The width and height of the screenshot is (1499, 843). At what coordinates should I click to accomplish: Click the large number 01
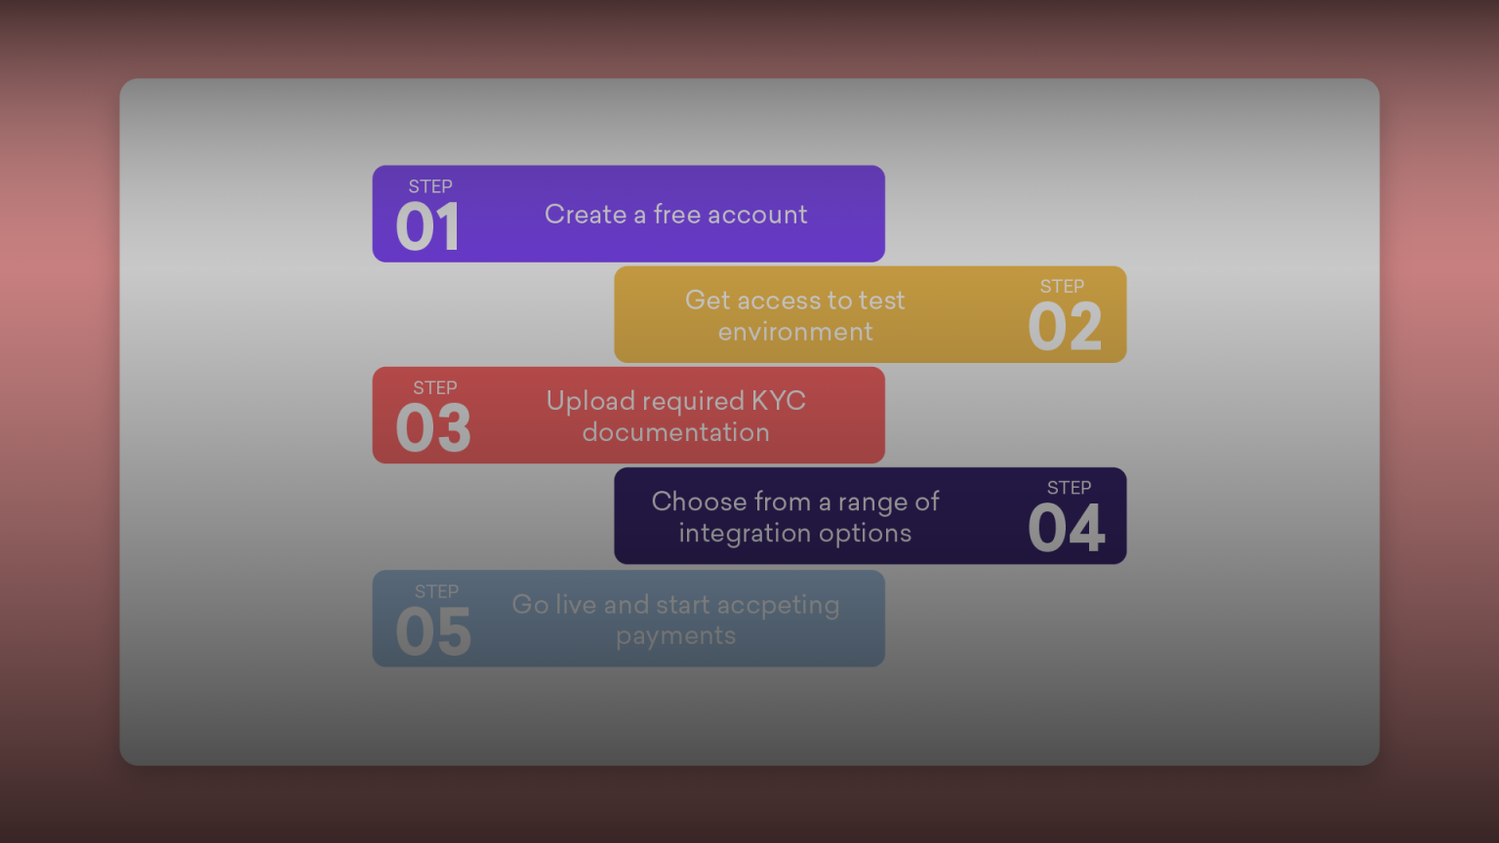427,227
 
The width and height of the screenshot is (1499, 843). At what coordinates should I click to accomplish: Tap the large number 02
1065,327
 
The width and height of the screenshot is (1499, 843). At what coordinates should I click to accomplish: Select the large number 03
433,428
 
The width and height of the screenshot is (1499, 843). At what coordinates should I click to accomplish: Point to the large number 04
1067,529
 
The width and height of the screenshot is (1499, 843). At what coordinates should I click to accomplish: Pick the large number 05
433,632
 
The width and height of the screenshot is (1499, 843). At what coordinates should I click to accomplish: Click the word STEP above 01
430,186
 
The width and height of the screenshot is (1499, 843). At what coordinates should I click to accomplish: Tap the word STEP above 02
1062,287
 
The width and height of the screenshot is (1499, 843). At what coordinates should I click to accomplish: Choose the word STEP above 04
1069,488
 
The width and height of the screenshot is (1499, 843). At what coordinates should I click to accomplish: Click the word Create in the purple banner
586,215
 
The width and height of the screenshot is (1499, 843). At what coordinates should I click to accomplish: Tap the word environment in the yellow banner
795,332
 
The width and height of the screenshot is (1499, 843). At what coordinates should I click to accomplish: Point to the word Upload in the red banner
589,401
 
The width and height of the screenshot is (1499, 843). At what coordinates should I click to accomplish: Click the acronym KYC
778,401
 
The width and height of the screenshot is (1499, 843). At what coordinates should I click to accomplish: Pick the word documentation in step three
675,432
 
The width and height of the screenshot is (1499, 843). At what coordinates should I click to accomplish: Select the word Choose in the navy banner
699,502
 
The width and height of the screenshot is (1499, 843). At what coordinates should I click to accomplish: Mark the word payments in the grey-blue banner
675,636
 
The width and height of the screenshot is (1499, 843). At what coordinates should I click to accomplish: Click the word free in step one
676,215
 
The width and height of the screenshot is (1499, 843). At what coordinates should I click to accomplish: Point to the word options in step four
865,534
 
